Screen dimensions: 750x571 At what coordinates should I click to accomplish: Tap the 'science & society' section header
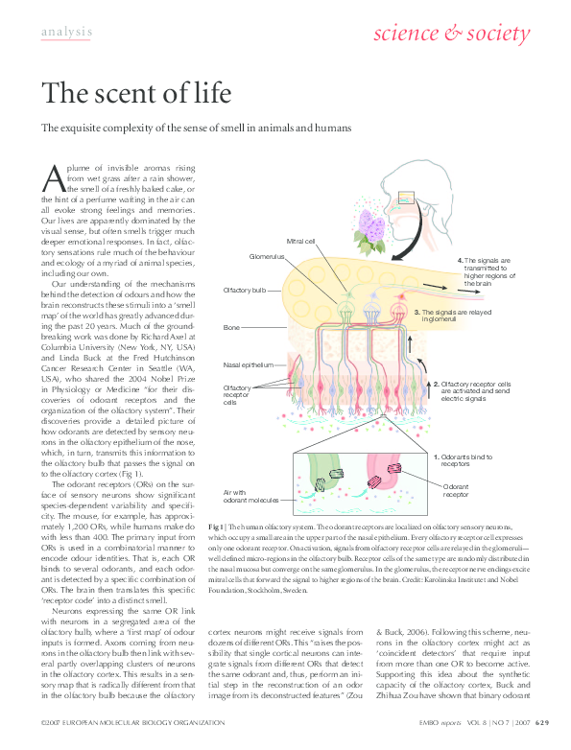click(x=450, y=35)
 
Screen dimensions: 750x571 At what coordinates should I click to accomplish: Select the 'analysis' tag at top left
click(x=67, y=33)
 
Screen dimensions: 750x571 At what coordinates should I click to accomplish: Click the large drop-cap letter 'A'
click(x=55, y=179)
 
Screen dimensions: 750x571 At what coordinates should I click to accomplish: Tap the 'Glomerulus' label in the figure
click(x=269, y=257)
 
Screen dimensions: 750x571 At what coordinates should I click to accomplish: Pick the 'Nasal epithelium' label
click(x=249, y=365)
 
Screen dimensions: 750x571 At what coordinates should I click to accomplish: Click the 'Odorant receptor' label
click(x=456, y=491)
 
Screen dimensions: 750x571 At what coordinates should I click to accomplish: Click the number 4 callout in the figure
click(x=461, y=261)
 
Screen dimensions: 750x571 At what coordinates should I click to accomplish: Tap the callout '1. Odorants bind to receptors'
click(x=464, y=460)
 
